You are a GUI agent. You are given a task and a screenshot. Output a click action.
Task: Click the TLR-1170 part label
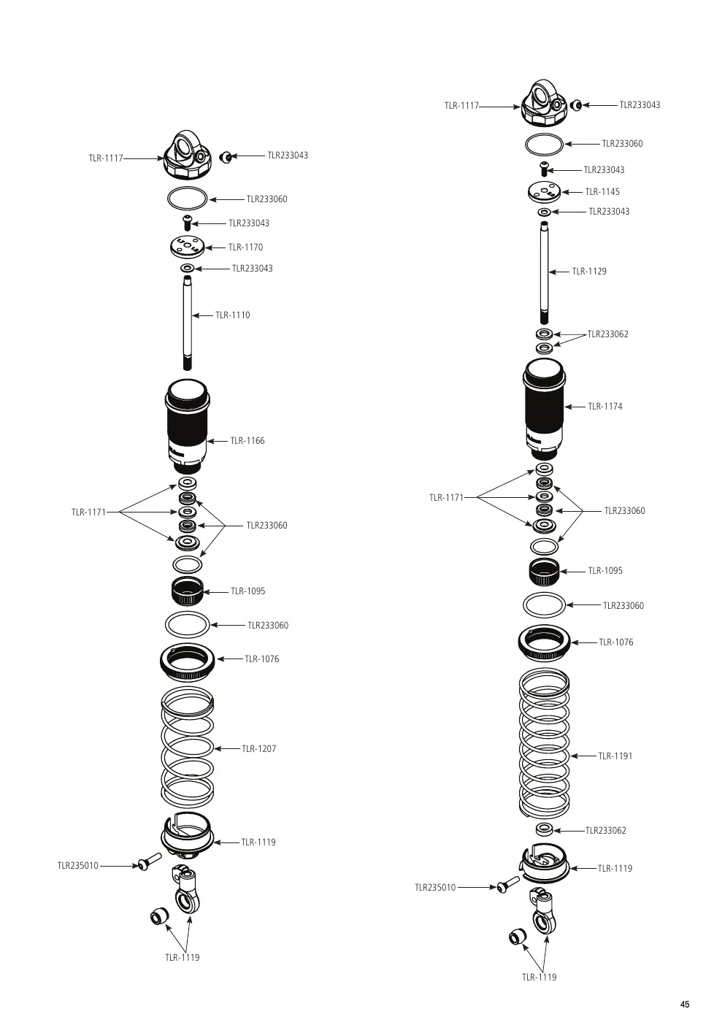click(246, 247)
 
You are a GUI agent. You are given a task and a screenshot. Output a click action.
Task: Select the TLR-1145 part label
click(602, 192)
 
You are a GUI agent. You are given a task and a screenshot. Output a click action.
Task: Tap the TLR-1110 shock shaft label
click(232, 315)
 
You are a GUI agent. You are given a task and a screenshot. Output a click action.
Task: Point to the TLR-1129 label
click(589, 272)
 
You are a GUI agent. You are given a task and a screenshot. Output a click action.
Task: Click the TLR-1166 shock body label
click(248, 441)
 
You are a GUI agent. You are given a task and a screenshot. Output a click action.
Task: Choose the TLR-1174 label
click(605, 407)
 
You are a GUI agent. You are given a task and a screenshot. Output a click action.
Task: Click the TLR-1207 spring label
click(258, 748)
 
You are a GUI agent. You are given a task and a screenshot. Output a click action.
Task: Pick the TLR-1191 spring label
click(615, 756)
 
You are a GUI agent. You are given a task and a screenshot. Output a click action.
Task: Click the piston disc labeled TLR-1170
click(187, 247)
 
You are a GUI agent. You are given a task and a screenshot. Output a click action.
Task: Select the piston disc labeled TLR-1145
click(544, 192)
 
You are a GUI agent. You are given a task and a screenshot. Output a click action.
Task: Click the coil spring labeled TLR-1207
click(188, 748)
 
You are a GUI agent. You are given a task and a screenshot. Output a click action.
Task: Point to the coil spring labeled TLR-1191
click(544, 744)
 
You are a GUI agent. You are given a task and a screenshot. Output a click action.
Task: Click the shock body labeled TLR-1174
click(544, 409)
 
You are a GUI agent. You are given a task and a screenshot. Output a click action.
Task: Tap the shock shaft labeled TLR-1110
click(187, 323)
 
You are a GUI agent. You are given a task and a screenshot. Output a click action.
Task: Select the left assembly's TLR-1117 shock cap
click(188, 155)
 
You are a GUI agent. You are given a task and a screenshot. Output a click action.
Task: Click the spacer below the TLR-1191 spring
click(544, 829)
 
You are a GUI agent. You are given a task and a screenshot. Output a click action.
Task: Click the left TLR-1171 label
click(88, 512)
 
